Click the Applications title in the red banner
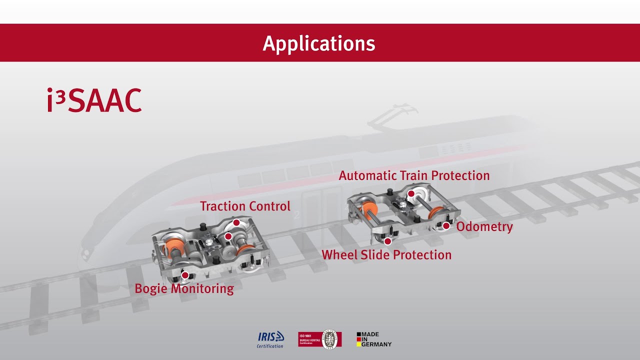pyautogui.click(x=319, y=43)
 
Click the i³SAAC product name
pyautogui.click(x=94, y=100)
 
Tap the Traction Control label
pyautogui.click(x=245, y=206)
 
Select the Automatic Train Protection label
pyautogui.click(x=414, y=175)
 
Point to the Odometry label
pyautogui.click(x=484, y=226)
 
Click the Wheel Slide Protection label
pyautogui.click(x=386, y=255)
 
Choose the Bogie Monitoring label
pyautogui.click(x=184, y=288)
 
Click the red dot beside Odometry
pyautogui.click(x=446, y=226)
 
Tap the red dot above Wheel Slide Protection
pyautogui.click(x=387, y=241)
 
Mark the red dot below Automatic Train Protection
pyautogui.click(x=411, y=193)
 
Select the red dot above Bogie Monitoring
pyautogui.click(x=184, y=275)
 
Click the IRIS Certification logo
pyautogui.click(x=270, y=339)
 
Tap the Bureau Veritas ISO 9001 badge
pyautogui.click(x=320, y=339)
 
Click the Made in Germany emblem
pyautogui.click(x=374, y=339)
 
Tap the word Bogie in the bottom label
pyautogui.click(x=151, y=288)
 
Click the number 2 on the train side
pyautogui.click(x=297, y=215)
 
